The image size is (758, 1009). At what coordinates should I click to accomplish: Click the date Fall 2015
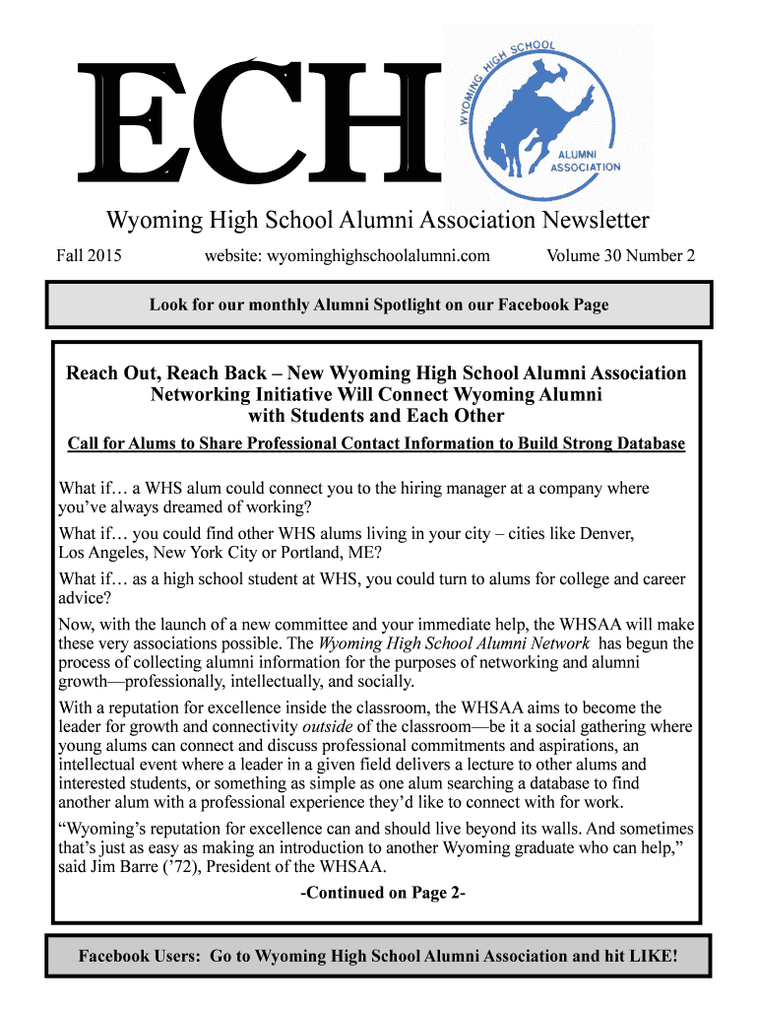coord(89,256)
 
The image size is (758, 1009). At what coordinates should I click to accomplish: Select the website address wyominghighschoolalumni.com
coord(347,256)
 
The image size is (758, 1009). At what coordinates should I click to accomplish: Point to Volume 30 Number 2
coord(620,256)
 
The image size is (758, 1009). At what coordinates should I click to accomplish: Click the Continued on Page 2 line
coord(382,894)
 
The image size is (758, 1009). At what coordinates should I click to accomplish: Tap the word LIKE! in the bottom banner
coord(649,956)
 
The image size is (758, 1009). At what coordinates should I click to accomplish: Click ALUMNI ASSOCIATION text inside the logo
coord(589,161)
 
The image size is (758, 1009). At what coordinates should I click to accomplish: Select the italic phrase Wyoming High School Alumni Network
coord(455,643)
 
